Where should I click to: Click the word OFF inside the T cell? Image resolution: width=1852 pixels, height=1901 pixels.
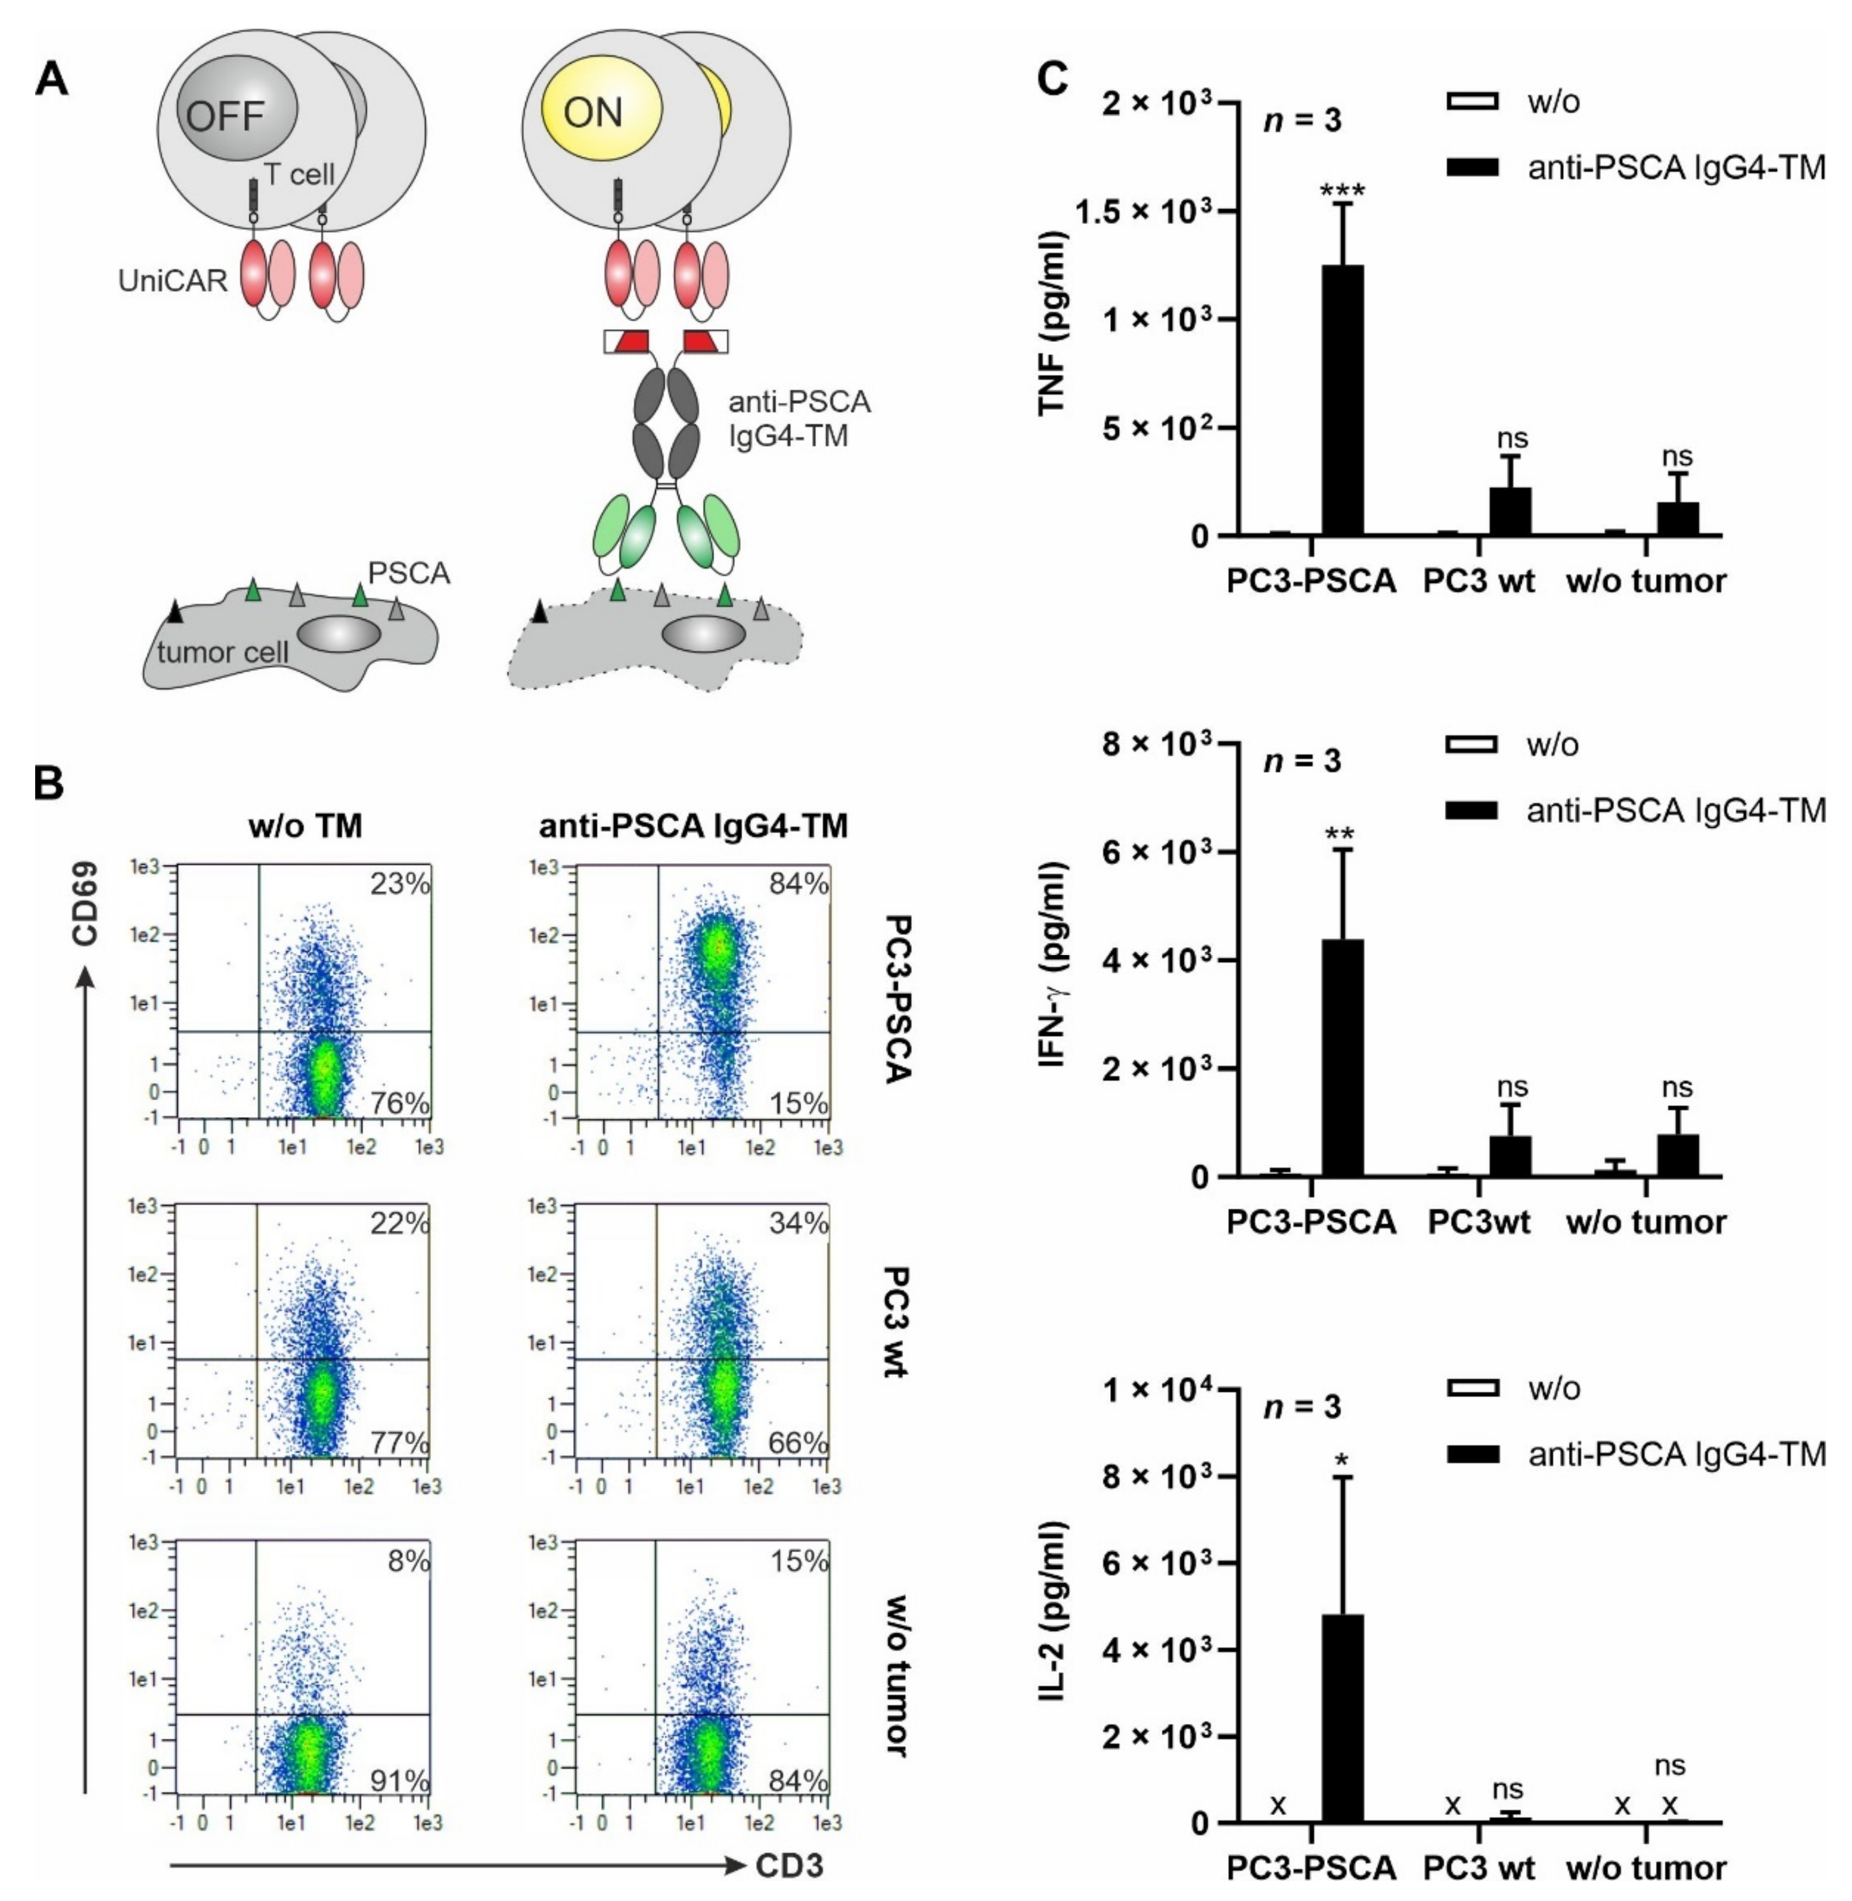click(x=225, y=116)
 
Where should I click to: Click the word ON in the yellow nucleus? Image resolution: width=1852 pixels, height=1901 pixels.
click(x=592, y=113)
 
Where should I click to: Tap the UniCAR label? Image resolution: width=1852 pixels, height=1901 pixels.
click(x=172, y=281)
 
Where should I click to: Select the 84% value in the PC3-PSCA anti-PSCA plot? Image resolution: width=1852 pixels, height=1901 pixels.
click(x=799, y=884)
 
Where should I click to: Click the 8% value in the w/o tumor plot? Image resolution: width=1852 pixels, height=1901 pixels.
click(x=408, y=1561)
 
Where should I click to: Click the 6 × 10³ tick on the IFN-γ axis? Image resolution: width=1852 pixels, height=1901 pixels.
click(x=1153, y=852)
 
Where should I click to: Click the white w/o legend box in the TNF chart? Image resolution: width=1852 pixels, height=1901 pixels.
click(x=1472, y=101)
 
